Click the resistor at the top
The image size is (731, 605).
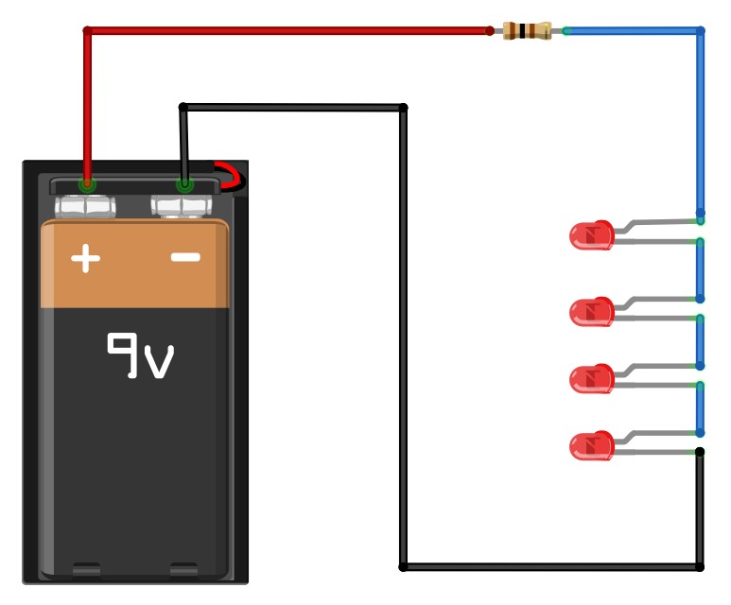coord(528,31)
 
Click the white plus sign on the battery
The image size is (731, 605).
coord(85,258)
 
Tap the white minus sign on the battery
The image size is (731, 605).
coord(185,257)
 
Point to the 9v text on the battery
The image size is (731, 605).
coord(141,355)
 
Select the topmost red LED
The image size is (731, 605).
coord(592,235)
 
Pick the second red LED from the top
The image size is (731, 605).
coord(592,312)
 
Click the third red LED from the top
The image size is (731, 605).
coord(592,378)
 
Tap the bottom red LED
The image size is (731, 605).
coord(592,445)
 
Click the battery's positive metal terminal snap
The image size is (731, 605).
coord(85,206)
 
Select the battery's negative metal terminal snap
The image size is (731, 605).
coord(182,206)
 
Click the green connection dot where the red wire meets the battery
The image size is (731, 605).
coord(87,184)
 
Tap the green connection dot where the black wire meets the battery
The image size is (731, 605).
coord(184,184)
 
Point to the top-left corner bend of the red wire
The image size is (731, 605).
coord(87,31)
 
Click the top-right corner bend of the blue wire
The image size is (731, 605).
coord(700,31)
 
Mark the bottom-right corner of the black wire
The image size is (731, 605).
coord(700,567)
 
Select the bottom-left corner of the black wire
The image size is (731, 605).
coord(403,567)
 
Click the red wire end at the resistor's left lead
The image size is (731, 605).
coord(490,31)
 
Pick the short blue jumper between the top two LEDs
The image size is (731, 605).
coord(700,270)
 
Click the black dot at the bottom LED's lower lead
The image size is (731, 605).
coord(700,452)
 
